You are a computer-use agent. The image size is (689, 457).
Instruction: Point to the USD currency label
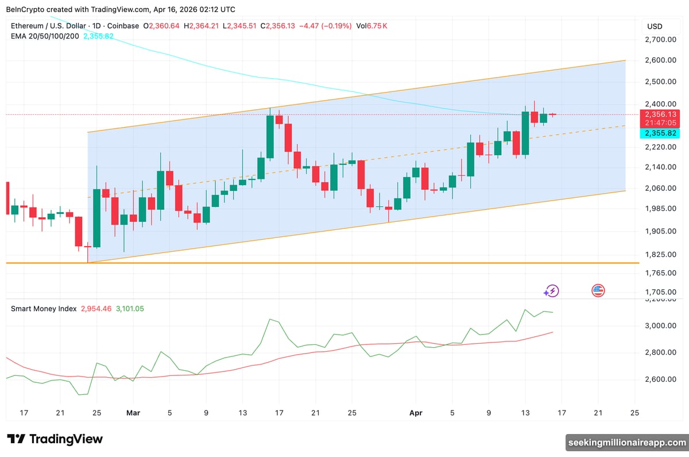[x=655, y=26]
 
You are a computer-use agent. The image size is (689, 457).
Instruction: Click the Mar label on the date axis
[x=133, y=413]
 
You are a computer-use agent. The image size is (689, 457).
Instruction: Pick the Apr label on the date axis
[x=416, y=413]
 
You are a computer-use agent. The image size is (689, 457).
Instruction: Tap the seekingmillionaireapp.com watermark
[x=626, y=442]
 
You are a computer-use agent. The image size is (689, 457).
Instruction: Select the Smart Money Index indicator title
[x=44, y=309]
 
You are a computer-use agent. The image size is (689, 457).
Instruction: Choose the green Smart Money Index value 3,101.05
[x=130, y=309]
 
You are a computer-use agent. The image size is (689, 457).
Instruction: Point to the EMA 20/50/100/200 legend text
[x=45, y=36]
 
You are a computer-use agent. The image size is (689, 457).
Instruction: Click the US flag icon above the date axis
[x=598, y=290]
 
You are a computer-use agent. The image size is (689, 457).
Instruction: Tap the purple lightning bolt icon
[x=552, y=291]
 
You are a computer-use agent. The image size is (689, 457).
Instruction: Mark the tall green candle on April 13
[x=525, y=133]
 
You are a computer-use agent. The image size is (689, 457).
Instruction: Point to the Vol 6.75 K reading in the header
[x=371, y=26]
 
